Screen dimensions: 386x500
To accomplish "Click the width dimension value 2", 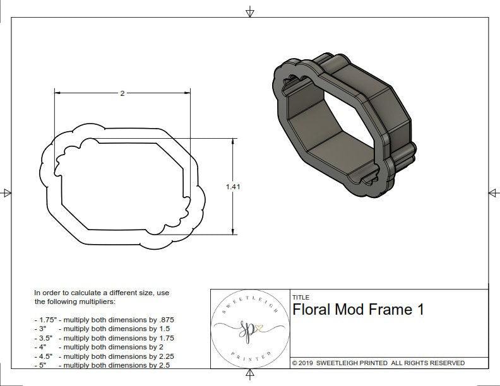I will coord(122,93).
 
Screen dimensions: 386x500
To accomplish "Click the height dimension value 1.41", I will coord(233,186).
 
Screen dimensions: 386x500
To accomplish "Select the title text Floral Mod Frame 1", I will coord(357,310).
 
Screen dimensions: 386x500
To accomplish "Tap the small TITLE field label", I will coord(301,297).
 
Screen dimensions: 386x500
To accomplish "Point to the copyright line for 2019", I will coord(378,363).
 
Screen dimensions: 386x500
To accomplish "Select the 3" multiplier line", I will coord(104,329).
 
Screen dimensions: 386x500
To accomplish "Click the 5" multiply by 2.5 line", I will coord(104,365).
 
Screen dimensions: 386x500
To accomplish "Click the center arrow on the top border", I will coord(250,11).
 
